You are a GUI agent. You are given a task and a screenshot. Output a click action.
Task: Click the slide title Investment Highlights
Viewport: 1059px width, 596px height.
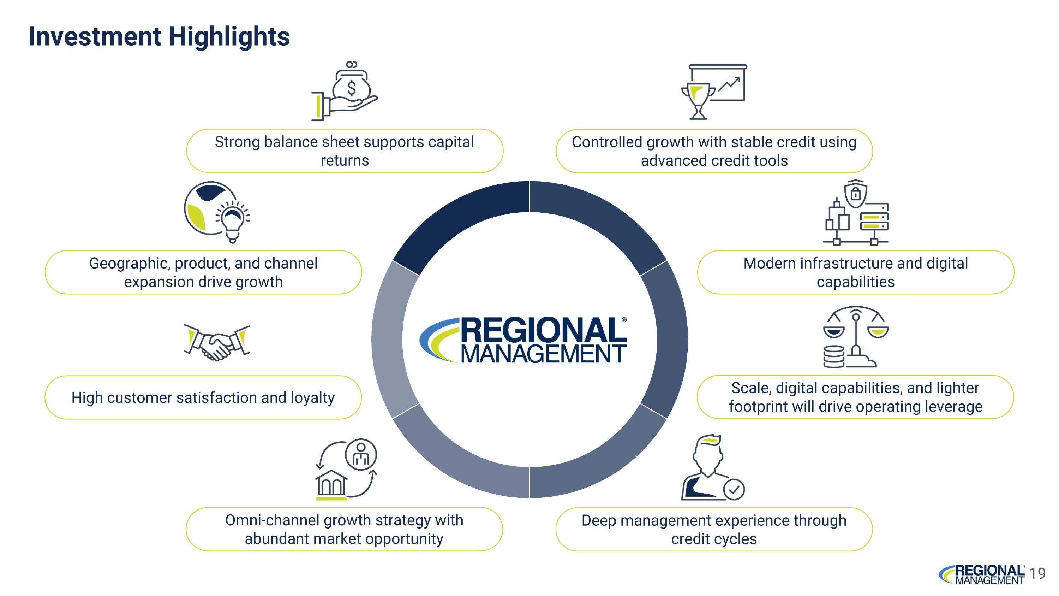(x=159, y=37)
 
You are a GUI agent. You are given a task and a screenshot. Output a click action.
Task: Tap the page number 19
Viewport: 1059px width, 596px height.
(x=1037, y=573)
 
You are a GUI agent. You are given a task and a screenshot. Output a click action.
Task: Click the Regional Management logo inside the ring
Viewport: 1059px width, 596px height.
(x=523, y=340)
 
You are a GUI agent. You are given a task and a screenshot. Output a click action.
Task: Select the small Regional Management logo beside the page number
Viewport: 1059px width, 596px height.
(x=981, y=574)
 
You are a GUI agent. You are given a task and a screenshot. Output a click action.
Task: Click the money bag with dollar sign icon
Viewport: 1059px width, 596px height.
(x=352, y=85)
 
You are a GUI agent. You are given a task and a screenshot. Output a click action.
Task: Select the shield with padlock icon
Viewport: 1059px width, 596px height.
(x=856, y=193)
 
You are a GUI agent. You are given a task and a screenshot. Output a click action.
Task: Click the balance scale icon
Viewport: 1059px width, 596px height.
(x=856, y=335)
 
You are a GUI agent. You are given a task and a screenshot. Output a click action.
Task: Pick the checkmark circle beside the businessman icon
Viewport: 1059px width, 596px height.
(x=734, y=489)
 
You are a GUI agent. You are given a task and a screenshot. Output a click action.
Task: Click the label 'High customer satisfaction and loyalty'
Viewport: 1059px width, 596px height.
(x=203, y=398)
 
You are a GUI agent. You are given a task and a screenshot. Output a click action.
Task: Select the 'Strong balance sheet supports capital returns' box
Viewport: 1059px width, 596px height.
(x=345, y=151)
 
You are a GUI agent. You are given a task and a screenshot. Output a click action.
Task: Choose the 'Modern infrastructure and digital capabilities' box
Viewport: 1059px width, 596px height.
(x=856, y=272)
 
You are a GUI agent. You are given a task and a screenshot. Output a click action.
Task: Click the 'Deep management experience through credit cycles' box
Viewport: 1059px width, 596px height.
(x=714, y=529)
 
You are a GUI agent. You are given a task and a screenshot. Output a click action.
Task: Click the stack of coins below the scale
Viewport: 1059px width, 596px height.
(x=834, y=356)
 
